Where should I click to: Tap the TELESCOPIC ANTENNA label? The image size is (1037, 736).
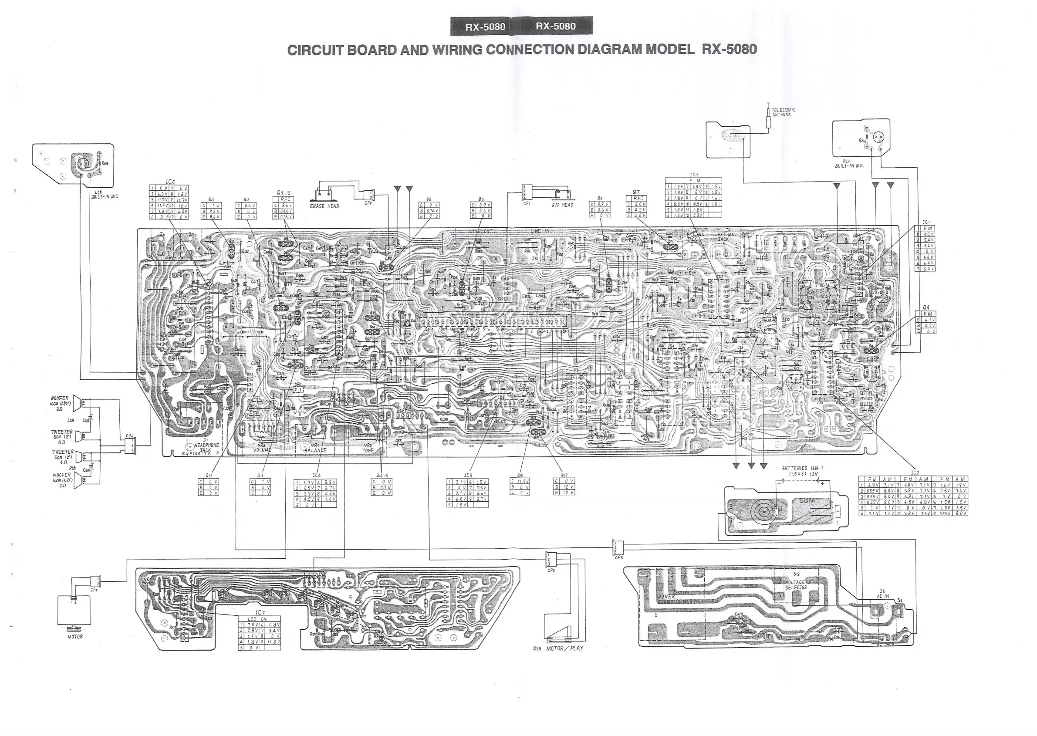(x=783, y=112)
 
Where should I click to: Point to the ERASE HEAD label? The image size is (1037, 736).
(x=324, y=206)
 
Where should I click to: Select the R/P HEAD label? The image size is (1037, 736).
(x=562, y=205)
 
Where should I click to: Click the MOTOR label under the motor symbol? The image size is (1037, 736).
(x=75, y=637)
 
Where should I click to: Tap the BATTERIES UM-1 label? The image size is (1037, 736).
(x=801, y=469)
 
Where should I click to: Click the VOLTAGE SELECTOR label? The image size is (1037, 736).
(x=796, y=585)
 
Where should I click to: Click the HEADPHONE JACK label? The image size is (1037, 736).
(x=207, y=448)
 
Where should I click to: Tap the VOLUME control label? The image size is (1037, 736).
(x=262, y=450)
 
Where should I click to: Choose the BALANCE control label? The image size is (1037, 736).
(x=315, y=450)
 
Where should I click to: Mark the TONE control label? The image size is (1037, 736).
(x=368, y=450)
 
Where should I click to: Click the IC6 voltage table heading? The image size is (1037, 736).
(x=170, y=182)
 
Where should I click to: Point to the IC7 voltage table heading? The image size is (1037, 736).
(x=259, y=613)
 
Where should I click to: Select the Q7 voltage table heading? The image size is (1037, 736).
(x=636, y=192)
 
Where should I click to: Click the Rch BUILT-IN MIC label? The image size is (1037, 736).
(x=849, y=164)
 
